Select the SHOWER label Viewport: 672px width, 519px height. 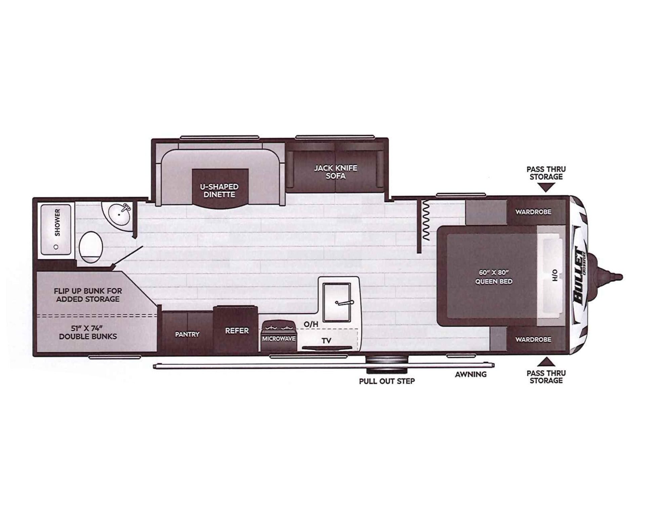coord(57,222)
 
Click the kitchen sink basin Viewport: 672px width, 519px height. coord(337,302)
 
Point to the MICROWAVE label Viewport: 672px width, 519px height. coord(279,339)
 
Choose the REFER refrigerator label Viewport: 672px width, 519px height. coord(237,331)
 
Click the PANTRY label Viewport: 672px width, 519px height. coord(187,334)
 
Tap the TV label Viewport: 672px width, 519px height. coord(326,341)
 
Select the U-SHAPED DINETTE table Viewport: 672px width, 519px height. coord(220,188)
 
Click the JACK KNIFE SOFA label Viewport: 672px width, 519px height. coord(336,172)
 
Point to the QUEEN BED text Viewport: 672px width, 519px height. coord(494,282)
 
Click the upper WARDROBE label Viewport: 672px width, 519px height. coord(533,212)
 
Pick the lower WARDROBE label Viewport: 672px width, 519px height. coord(533,340)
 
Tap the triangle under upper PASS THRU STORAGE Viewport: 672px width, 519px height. coord(546,187)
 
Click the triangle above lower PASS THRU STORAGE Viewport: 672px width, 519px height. coord(546,361)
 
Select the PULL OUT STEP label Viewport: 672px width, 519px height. coord(387,381)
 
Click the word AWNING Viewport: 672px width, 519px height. coord(471,375)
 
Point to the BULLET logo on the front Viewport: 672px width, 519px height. coord(579,275)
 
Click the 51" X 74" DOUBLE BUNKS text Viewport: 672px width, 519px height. coord(88,332)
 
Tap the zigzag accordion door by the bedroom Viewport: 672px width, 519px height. coord(426,221)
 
